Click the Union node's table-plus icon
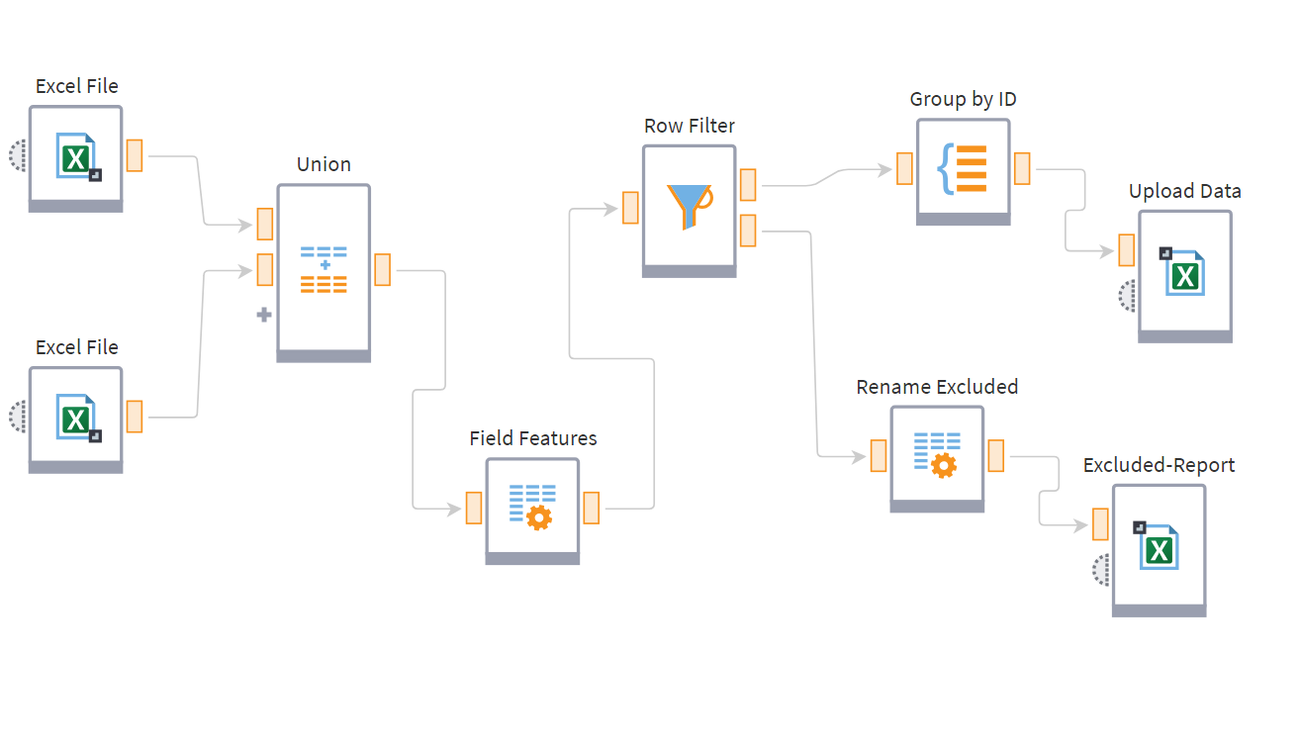324,269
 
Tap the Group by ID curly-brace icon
962,169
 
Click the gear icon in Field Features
539,517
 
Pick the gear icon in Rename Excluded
944,465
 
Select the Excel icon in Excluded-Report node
1157,545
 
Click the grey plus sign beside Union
264,315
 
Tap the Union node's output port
383,270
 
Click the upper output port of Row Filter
748,185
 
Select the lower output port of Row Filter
748,231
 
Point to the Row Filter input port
630,207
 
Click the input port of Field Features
474,508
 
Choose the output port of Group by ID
1022,168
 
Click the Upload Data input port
1127,250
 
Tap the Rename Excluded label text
937,387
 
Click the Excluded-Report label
1159,465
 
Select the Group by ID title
963,99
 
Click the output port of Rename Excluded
996,456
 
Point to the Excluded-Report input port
1100,524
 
